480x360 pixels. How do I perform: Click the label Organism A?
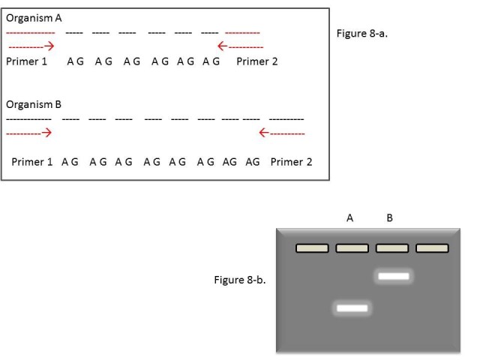pos(34,18)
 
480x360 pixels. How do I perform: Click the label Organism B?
pos(34,103)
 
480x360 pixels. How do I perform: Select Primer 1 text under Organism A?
pos(27,61)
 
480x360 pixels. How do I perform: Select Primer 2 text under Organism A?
pos(257,61)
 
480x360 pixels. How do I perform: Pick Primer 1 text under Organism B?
pos(32,161)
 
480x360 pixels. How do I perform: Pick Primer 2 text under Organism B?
pos(292,161)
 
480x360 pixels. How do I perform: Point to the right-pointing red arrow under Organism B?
pos(28,133)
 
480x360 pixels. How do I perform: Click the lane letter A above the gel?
pos(349,218)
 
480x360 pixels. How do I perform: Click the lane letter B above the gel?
pos(389,218)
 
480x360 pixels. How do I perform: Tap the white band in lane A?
pos(352,307)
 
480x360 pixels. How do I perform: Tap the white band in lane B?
pos(393,276)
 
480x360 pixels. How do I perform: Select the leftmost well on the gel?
pos(312,247)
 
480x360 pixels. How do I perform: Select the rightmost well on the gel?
pos(433,247)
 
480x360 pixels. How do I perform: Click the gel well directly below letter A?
pos(352,247)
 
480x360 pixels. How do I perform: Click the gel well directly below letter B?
pos(392,247)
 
